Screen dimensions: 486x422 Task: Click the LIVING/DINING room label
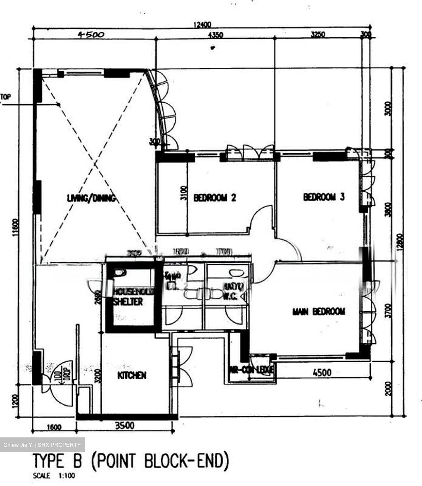[91, 198]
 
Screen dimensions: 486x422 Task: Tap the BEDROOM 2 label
[215, 197]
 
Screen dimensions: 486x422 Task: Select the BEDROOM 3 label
[324, 197]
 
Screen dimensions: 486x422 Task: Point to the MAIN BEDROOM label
[319, 311]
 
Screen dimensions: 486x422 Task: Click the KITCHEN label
[132, 375]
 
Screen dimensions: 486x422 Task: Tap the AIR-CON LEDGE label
[251, 370]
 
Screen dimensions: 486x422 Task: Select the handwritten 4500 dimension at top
[91, 34]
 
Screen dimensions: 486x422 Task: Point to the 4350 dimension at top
[216, 34]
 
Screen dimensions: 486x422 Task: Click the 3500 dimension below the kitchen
[125, 426]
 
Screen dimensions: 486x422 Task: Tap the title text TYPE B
[57, 461]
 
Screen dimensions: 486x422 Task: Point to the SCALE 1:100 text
[54, 476]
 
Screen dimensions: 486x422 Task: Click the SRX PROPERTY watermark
[42, 445]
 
